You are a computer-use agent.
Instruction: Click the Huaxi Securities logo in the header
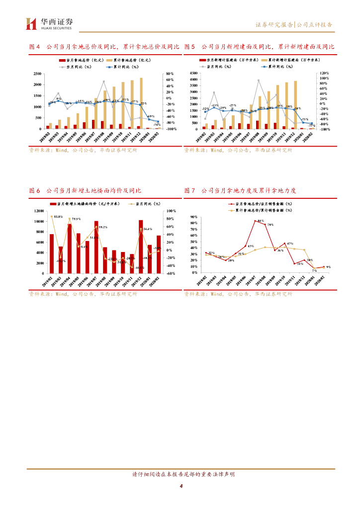point(49,23)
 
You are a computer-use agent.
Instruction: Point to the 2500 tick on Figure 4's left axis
point(37,74)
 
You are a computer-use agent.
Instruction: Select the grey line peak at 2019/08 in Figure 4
point(104,82)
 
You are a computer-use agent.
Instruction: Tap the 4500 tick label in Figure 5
point(193,73)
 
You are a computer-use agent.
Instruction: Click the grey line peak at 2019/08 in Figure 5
point(259,80)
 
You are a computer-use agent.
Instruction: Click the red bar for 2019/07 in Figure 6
point(96,247)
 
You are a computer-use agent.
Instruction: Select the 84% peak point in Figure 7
point(255,221)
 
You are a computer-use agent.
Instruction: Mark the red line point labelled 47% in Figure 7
point(284,244)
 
